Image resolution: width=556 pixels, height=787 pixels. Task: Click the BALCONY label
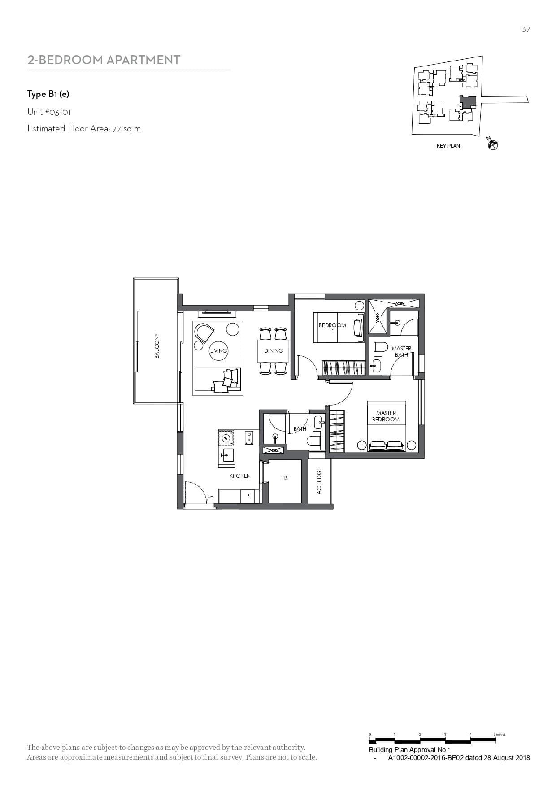[x=157, y=345]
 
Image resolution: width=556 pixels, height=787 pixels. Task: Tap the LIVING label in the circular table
[x=218, y=350]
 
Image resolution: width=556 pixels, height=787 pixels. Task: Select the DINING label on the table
[x=274, y=350]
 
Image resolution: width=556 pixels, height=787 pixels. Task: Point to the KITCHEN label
[x=240, y=476]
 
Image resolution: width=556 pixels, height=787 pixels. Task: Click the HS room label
[x=284, y=478]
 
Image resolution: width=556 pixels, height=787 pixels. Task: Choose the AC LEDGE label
[x=319, y=481]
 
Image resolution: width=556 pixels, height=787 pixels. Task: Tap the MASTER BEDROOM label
[x=386, y=416]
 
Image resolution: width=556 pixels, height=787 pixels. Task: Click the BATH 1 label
[x=301, y=429]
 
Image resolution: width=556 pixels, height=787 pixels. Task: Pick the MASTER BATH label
[x=401, y=351]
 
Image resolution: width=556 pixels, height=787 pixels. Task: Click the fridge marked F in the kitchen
[x=248, y=496]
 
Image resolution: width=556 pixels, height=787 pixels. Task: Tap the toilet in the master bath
[x=381, y=347]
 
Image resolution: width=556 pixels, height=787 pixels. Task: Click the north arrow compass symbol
[x=493, y=144]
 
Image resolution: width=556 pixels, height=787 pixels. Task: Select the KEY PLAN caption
[x=448, y=146]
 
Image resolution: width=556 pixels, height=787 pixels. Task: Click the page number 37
[x=526, y=29]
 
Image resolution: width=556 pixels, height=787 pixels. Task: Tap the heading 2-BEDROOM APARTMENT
[x=104, y=60]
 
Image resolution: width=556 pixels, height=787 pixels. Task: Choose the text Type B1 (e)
[x=48, y=94]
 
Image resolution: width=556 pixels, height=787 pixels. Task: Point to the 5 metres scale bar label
[x=500, y=735]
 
